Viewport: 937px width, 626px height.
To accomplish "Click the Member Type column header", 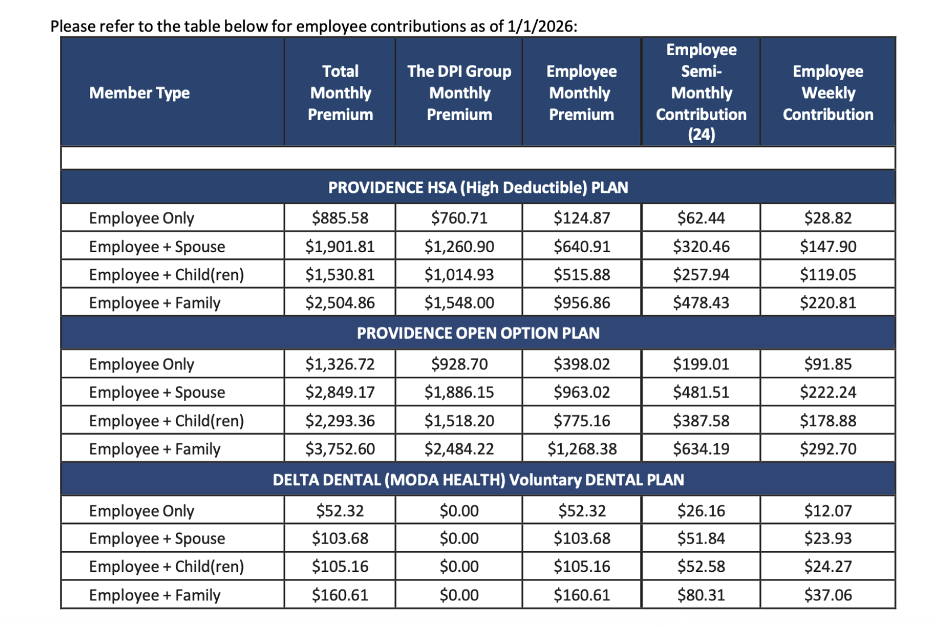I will tap(139, 93).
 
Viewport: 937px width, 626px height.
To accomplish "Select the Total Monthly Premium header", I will tap(340, 93).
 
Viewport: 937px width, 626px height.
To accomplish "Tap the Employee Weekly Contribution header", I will tap(828, 93).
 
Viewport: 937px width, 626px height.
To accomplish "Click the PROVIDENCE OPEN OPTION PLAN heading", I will tap(478, 333).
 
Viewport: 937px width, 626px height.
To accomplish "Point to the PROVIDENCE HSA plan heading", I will tap(478, 187).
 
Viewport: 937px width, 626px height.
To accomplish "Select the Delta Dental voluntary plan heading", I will tap(478, 480).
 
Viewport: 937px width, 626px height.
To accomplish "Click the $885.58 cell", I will tap(340, 218).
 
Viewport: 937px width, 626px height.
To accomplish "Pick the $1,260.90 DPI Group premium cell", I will tap(459, 246).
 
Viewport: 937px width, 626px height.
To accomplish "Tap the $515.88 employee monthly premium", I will tap(582, 275).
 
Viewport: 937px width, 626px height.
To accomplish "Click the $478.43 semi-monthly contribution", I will tap(701, 303).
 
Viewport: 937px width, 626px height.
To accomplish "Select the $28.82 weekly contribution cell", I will tap(828, 218).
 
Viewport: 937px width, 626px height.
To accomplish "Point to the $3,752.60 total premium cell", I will tap(340, 449).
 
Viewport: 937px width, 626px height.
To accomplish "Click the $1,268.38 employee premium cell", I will tap(582, 449).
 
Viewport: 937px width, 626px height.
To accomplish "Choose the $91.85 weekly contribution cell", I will tap(828, 364).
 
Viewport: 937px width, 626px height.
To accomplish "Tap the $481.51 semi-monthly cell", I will tap(701, 392).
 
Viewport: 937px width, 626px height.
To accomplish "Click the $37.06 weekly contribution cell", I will tap(828, 595).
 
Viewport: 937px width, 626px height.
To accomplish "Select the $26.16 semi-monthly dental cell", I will tap(701, 511).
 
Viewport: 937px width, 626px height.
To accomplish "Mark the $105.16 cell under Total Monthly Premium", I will tap(340, 567).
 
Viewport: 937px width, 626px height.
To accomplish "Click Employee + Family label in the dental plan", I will tap(154, 595).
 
